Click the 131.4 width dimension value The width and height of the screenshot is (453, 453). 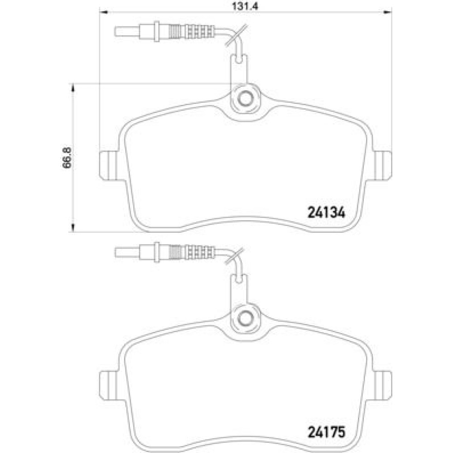point(245,6)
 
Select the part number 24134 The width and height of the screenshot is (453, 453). point(327,213)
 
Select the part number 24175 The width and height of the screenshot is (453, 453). point(327,432)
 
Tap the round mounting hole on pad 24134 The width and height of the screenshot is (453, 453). point(245,99)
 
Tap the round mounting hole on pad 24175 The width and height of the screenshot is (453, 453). point(245,318)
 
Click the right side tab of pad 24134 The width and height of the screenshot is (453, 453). point(382,165)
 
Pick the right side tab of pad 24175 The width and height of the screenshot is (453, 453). point(382,385)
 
